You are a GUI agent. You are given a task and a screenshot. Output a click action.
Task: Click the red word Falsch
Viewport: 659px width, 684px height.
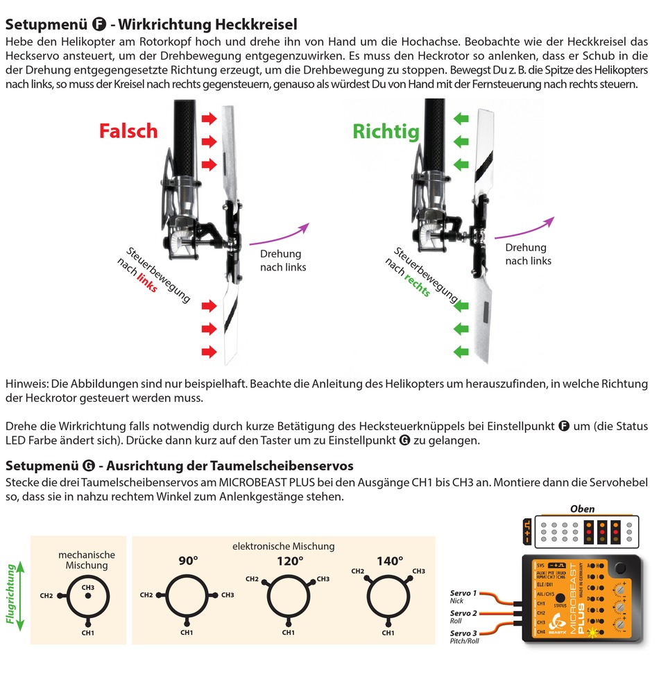click(128, 131)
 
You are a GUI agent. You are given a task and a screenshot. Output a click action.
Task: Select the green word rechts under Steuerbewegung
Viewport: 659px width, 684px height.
click(417, 284)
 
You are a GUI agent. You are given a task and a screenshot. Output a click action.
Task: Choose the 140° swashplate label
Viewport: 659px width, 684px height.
click(388, 561)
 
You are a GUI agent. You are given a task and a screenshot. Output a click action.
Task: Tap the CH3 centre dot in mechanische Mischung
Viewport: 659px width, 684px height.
click(88, 595)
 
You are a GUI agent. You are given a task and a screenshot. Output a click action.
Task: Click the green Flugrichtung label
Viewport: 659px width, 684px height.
click(12, 595)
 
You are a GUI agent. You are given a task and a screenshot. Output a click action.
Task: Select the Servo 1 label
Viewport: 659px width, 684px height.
click(463, 593)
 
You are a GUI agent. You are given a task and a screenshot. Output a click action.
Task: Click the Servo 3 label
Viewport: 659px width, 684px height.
click(463, 633)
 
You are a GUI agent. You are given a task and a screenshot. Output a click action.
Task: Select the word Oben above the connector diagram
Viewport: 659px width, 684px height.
click(582, 508)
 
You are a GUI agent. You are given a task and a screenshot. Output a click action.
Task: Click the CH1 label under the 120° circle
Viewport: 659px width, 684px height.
click(288, 632)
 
